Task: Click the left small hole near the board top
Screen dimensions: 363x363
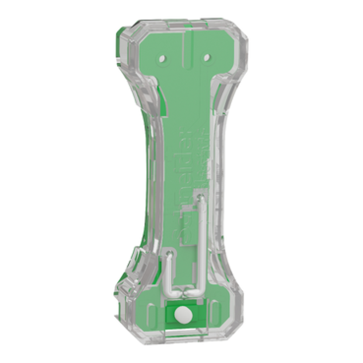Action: coord(162,57)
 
